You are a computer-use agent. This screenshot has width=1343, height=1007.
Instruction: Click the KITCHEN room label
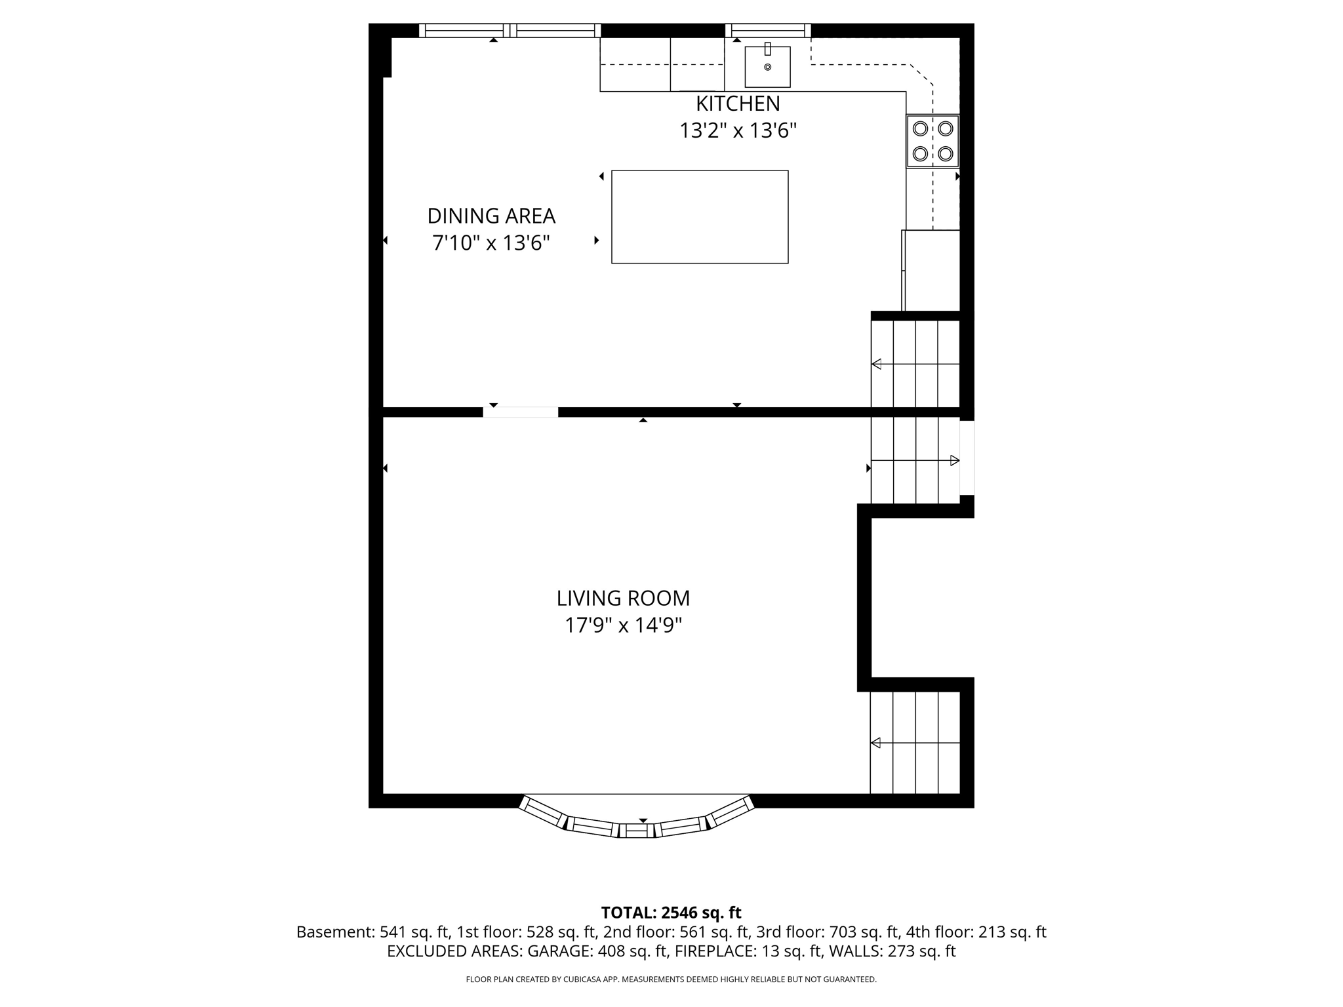(x=737, y=104)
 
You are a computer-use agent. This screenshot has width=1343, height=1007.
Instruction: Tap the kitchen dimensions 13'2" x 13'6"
(x=737, y=131)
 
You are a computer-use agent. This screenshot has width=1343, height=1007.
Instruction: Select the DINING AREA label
(x=491, y=216)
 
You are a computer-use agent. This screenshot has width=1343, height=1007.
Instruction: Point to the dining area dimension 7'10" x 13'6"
(x=491, y=243)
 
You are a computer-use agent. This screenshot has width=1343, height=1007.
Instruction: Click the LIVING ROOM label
(x=623, y=598)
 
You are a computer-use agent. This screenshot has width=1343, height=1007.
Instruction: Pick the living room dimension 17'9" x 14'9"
(x=623, y=625)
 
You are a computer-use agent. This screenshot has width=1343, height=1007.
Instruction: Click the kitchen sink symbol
(x=767, y=67)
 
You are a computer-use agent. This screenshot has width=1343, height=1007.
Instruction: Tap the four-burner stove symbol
(x=932, y=141)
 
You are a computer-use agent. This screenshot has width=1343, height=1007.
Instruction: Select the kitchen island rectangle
(x=700, y=217)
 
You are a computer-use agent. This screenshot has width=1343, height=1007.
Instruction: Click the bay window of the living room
(x=637, y=823)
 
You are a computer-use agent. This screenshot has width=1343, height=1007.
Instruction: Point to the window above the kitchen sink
(x=768, y=30)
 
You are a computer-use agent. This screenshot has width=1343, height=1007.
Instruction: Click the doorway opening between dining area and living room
(x=521, y=412)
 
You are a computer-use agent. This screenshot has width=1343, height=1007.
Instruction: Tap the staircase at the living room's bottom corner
(x=915, y=742)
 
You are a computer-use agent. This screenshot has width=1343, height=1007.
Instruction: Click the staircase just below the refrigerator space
(x=915, y=364)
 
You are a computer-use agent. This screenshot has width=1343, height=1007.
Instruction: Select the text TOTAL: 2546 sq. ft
(x=671, y=913)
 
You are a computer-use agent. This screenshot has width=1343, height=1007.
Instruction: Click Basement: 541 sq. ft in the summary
(x=372, y=932)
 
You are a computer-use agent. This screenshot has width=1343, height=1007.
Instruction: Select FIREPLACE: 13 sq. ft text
(x=748, y=951)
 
